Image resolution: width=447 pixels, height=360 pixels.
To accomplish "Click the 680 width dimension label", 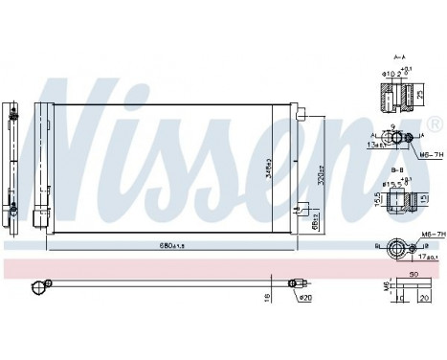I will click(x=172, y=245).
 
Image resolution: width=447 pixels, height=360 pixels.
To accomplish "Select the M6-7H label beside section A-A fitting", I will click(x=425, y=151).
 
